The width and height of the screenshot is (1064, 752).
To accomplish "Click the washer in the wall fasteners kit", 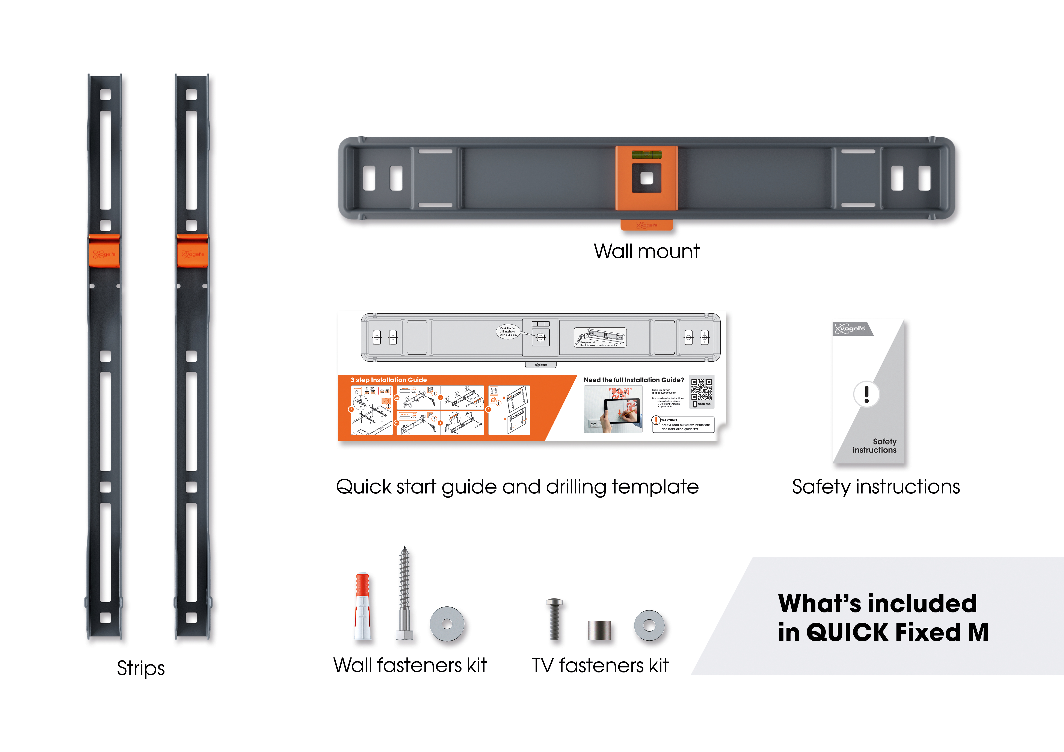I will coord(447,624).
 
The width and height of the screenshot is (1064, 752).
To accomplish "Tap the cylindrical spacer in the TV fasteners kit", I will coord(599,630).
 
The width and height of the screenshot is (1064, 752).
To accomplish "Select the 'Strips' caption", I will coord(141,668).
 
